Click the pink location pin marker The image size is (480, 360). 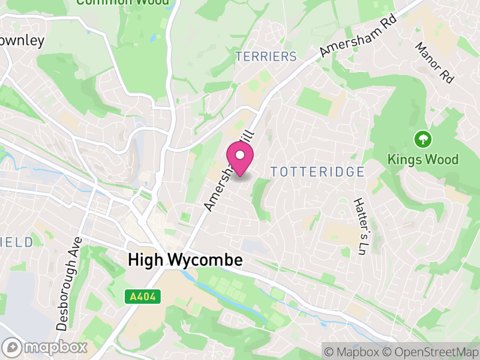(240, 160)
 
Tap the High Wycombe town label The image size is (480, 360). (185, 260)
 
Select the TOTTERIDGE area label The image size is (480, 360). (317, 172)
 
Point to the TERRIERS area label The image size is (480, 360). (266, 57)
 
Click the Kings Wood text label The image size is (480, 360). (423, 160)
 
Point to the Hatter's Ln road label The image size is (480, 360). (362, 224)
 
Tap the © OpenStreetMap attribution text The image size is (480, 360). (430, 351)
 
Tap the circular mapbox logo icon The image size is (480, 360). (12, 347)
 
